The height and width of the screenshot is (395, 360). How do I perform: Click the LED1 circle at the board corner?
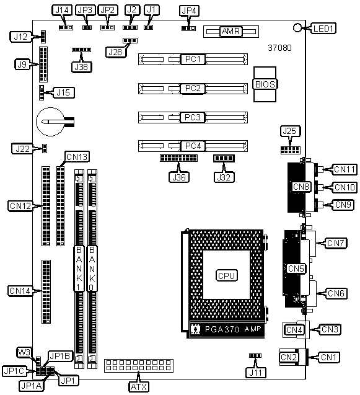click(297, 27)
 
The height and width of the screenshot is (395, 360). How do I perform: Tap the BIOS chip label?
click(265, 84)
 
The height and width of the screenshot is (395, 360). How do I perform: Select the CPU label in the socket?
click(227, 275)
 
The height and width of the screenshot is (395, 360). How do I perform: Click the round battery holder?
click(51, 122)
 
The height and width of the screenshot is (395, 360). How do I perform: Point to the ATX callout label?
click(139, 387)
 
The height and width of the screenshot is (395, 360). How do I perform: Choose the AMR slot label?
click(231, 31)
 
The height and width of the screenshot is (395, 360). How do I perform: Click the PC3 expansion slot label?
click(193, 117)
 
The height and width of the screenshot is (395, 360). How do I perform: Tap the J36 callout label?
click(178, 177)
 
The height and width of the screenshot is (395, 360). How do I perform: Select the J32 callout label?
click(224, 177)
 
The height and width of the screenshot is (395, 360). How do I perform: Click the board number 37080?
click(279, 48)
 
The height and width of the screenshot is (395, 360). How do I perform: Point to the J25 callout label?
click(290, 131)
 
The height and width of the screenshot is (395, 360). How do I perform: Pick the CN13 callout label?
click(77, 157)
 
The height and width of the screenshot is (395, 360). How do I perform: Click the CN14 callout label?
click(20, 291)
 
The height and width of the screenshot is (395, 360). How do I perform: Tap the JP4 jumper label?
click(189, 11)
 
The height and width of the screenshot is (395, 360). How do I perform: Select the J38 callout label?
click(81, 67)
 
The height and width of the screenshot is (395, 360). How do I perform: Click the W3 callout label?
click(24, 352)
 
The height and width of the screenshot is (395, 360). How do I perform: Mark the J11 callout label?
click(256, 373)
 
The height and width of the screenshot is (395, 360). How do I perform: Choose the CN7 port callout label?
click(336, 243)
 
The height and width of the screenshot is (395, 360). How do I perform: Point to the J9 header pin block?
click(43, 64)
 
